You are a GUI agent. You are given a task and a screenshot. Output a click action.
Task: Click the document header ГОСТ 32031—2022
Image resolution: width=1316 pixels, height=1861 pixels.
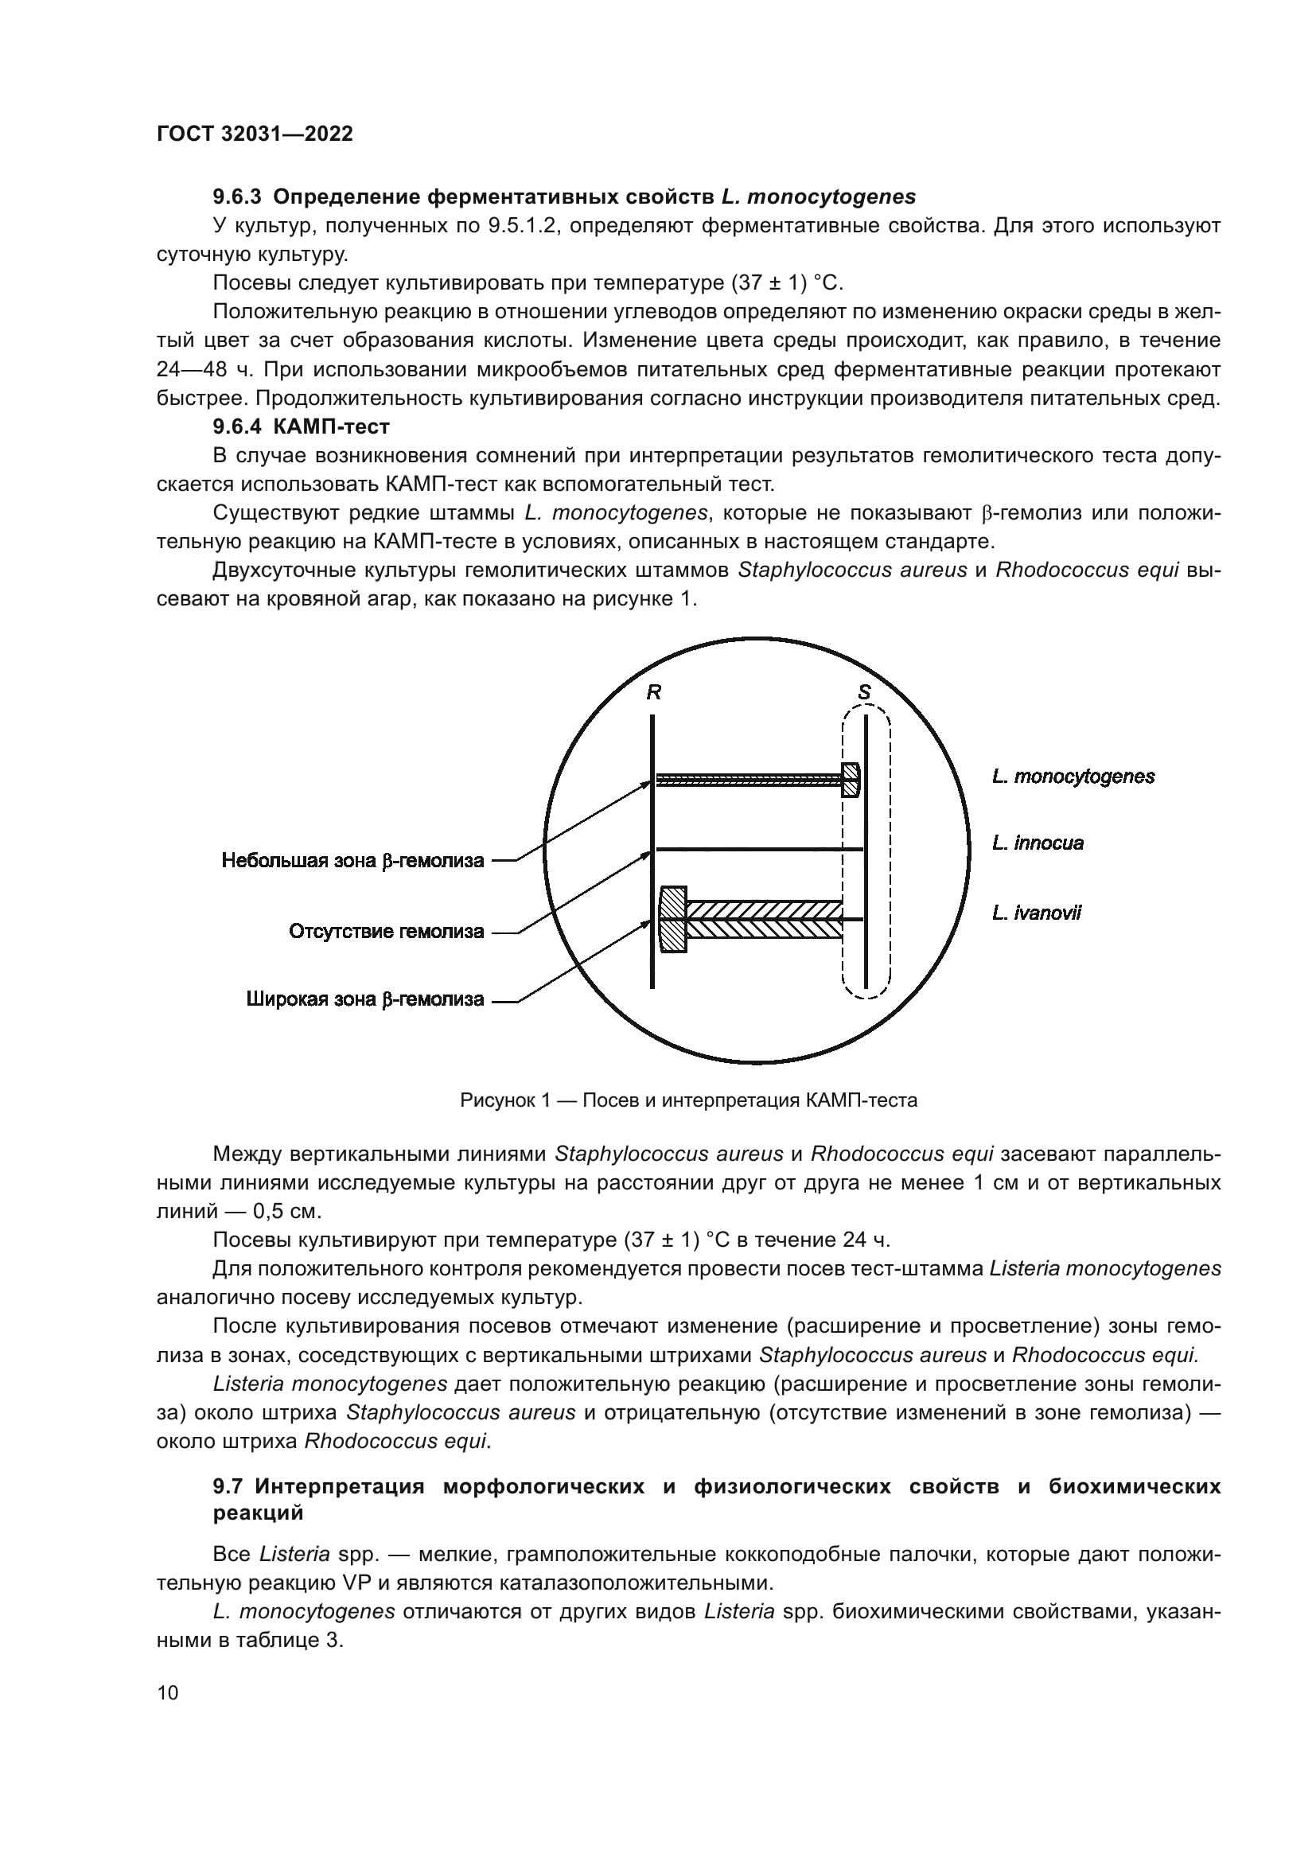click(255, 134)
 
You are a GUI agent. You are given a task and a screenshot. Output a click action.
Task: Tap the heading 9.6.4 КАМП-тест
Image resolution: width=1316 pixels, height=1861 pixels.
click(301, 427)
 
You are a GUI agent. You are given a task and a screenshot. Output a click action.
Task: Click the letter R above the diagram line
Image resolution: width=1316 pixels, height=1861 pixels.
click(653, 693)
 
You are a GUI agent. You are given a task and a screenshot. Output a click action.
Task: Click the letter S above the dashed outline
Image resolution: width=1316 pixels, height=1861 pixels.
click(864, 693)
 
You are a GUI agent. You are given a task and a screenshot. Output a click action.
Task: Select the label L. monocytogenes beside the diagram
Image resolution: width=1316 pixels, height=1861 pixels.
click(1073, 777)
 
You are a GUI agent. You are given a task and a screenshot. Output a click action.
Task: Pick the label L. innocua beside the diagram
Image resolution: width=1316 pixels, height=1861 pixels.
click(1038, 843)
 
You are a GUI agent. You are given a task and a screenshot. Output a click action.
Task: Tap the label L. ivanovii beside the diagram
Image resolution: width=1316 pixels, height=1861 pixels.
click(1036, 913)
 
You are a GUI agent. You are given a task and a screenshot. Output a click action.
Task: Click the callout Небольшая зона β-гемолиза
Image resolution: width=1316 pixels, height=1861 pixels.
click(352, 861)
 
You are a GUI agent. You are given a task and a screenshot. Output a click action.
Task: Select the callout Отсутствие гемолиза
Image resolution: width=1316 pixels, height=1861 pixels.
click(386, 932)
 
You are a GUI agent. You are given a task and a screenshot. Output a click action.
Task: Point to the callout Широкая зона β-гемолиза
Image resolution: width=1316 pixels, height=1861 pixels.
click(364, 999)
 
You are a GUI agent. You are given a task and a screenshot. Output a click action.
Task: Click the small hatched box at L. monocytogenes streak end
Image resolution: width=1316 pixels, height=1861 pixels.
click(850, 781)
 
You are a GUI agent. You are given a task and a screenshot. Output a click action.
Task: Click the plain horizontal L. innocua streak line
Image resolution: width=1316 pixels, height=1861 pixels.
click(757, 850)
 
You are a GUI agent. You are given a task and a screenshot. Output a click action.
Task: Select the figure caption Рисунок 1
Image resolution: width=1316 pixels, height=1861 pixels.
click(689, 1100)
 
